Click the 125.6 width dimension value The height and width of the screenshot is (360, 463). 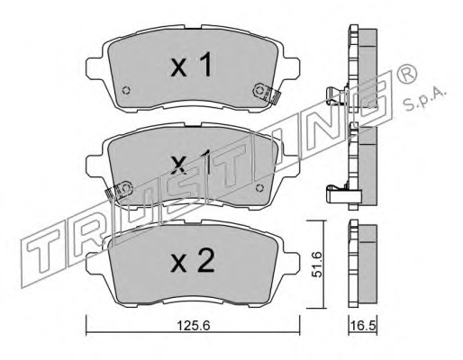193,326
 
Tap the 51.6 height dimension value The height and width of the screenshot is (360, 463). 317,265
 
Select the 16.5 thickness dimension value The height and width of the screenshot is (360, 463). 363,326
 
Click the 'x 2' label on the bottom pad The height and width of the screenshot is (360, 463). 193,261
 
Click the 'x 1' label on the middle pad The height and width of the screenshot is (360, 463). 191,163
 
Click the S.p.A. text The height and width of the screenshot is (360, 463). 424,99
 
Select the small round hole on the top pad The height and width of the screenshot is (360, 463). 127,90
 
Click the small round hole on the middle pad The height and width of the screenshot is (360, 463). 259,188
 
